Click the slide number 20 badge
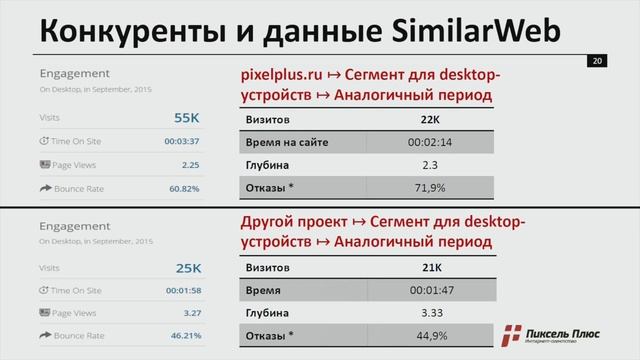(596, 63)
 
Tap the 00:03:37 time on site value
(183, 141)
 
